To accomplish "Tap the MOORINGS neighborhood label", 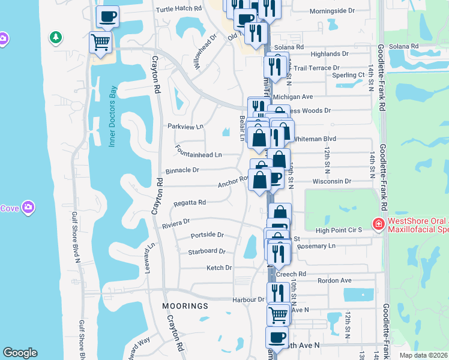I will point(185,306).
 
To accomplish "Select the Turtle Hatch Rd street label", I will point(178,9).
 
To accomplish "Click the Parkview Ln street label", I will point(186,127).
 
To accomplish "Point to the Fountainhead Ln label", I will point(198,155).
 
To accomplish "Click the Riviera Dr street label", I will point(175,223).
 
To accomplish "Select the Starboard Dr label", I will point(206,252).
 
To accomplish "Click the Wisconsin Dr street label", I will point(331,181).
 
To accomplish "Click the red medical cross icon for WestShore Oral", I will point(378,226).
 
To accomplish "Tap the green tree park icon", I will point(56,38).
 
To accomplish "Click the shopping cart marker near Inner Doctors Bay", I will point(100,43).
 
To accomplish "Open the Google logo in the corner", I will point(20,353).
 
